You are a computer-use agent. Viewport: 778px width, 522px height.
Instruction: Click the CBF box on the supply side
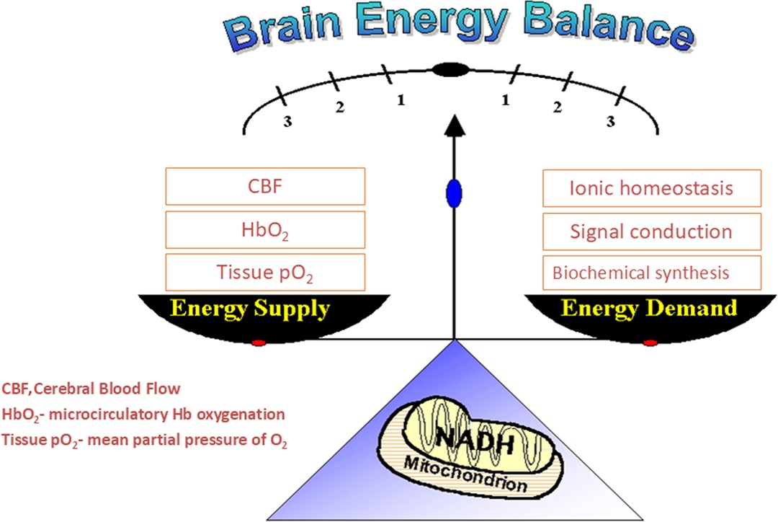265,186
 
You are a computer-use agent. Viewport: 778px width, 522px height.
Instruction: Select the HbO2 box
265,229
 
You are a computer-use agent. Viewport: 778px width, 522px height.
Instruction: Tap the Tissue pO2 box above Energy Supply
265,272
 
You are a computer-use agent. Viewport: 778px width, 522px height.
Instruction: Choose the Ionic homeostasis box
652,188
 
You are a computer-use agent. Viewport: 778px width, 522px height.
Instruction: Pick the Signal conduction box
652,231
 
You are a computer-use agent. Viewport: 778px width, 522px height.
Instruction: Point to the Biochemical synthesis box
652,273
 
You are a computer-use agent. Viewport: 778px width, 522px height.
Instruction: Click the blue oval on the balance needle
454,193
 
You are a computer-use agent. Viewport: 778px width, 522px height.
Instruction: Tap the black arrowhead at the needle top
455,125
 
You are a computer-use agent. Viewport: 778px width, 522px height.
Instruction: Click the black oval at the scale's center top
450,70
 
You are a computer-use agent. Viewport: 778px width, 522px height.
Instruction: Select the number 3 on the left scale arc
287,122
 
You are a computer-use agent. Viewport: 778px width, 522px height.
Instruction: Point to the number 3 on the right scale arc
611,121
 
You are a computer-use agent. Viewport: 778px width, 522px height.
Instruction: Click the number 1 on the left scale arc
401,100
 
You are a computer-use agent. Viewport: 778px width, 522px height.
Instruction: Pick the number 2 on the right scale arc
558,107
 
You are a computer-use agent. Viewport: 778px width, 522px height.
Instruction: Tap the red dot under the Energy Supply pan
259,342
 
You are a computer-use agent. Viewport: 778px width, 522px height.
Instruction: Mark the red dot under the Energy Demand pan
650,342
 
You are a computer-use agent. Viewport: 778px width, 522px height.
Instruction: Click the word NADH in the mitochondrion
475,439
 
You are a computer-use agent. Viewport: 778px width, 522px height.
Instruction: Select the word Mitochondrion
465,474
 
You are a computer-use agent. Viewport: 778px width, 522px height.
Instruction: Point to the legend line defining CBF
91,389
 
